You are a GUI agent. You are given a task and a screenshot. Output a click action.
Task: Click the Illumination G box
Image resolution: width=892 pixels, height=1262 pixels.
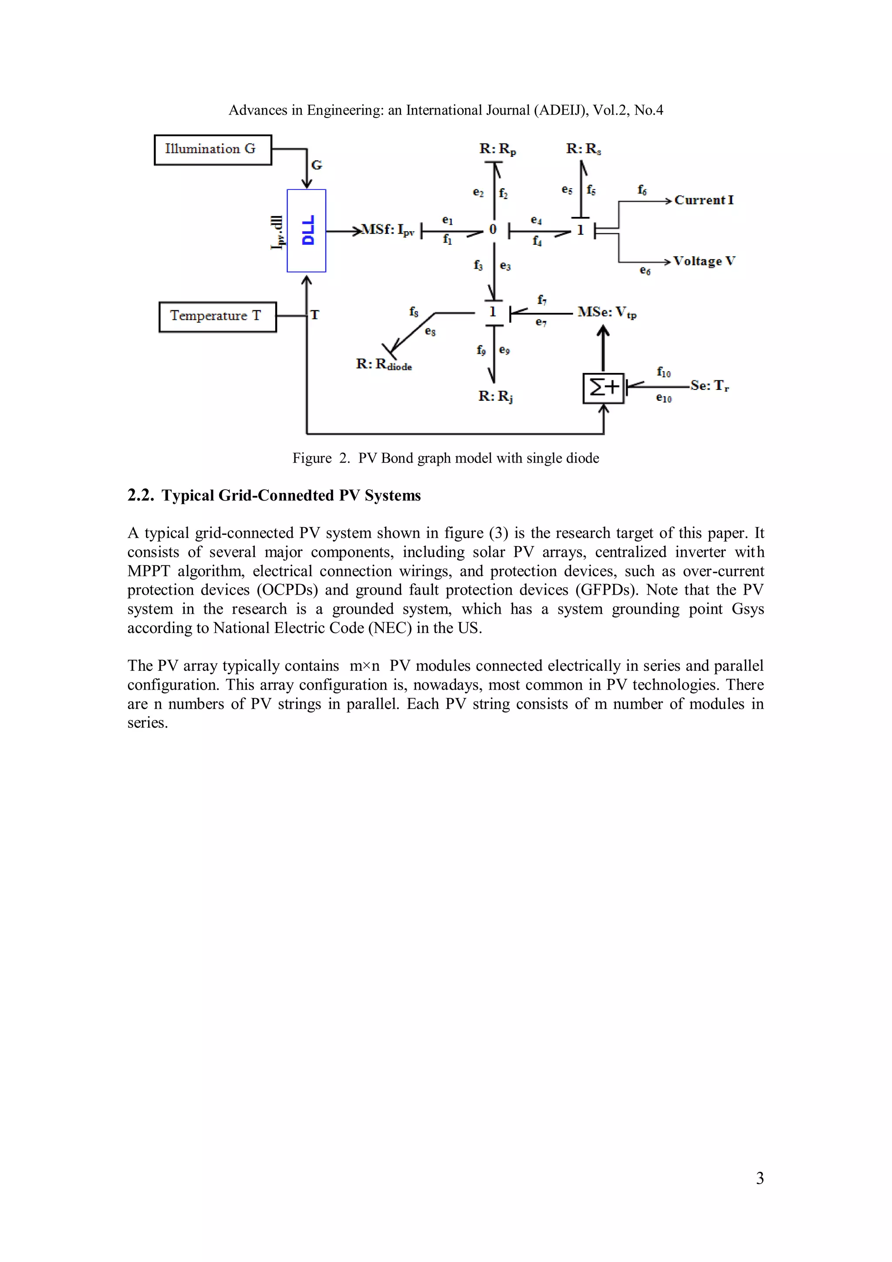(x=213, y=149)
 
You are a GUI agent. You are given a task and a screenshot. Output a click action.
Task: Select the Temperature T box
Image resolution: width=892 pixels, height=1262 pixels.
(x=217, y=317)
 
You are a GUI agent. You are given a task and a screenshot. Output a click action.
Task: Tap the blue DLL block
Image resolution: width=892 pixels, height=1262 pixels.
(x=306, y=230)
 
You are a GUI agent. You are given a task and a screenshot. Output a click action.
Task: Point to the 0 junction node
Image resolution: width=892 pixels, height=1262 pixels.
(x=493, y=230)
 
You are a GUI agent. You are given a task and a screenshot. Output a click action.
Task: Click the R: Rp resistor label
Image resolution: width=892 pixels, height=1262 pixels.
(x=497, y=149)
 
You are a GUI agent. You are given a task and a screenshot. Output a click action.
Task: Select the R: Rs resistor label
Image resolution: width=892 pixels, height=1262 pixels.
(x=583, y=149)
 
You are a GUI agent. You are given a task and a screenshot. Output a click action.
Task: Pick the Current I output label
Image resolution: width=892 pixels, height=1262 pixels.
(x=703, y=200)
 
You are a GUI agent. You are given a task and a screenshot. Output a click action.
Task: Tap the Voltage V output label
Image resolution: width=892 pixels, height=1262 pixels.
(x=704, y=261)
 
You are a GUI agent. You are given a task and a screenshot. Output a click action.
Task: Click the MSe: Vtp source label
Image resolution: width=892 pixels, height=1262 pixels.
(x=607, y=313)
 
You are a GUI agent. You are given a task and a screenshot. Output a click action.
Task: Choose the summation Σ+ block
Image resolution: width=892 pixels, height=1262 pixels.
(x=604, y=388)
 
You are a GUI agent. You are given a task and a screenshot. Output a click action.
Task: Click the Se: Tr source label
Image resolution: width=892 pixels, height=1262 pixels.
(x=710, y=386)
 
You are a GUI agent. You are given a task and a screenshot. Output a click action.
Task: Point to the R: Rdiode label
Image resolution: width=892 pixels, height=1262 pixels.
(x=384, y=365)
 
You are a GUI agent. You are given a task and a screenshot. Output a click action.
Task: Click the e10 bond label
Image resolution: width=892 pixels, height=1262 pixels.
(x=663, y=399)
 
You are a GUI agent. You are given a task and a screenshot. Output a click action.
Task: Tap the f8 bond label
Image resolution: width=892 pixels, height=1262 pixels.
(x=414, y=311)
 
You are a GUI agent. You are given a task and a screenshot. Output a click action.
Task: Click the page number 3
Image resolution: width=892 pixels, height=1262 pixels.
(x=760, y=1178)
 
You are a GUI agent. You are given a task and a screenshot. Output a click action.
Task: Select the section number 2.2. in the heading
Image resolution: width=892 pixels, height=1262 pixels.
(x=141, y=495)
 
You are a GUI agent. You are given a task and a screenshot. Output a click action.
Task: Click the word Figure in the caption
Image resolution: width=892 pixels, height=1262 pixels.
(x=311, y=458)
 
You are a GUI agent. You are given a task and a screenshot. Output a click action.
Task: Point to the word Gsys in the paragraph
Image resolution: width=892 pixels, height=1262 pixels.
(x=747, y=609)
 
